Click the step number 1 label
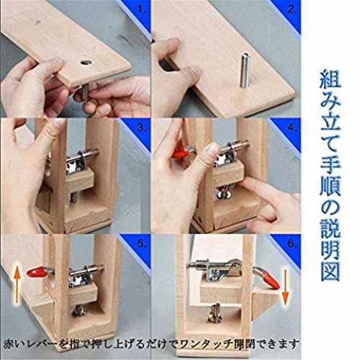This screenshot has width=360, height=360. tap(142, 10)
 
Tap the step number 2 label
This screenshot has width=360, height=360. tap(292, 10)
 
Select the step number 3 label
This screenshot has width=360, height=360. tap(142, 127)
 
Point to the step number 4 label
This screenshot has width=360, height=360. tap(292, 127)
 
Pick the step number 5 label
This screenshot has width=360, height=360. tap(142, 244)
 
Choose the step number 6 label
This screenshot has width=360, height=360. tap(292, 244)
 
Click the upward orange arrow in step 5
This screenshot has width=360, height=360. tap(17, 286)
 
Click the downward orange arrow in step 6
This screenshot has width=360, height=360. tap(285, 287)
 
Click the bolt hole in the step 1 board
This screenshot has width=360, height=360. tap(86, 63)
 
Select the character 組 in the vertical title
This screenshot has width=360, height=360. tap(330, 78)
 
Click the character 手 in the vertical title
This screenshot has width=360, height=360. tap(330, 164)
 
